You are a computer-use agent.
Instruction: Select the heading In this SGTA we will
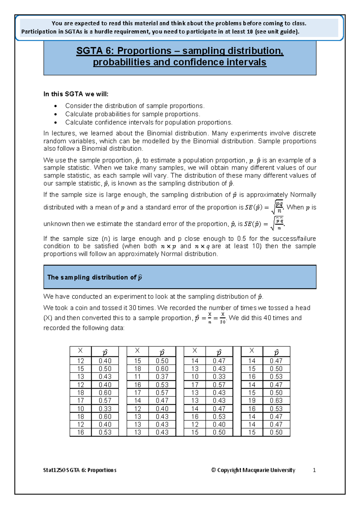[x=76, y=94]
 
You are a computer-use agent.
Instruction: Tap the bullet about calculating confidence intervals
[x=148, y=122]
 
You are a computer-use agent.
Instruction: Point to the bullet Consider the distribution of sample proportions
[x=135, y=106]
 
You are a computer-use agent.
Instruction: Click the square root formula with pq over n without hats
[x=277, y=207]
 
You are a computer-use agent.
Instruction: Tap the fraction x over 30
[x=222, y=318]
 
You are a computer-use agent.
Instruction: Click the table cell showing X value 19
[x=252, y=401]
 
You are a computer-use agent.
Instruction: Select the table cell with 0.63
[x=276, y=401]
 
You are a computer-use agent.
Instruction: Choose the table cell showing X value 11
[x=137, y=377]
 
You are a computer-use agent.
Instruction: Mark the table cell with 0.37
[x=162, y=377]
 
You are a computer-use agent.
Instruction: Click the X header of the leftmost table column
[x=80, y=351]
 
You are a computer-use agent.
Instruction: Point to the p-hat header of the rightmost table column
[x=276, y=352]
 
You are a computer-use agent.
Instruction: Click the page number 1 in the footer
[x=314, y=470]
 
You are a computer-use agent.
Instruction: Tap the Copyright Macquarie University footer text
[x=253, y=470]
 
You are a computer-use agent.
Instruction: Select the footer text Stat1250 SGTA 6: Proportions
[x=80, y=470]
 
